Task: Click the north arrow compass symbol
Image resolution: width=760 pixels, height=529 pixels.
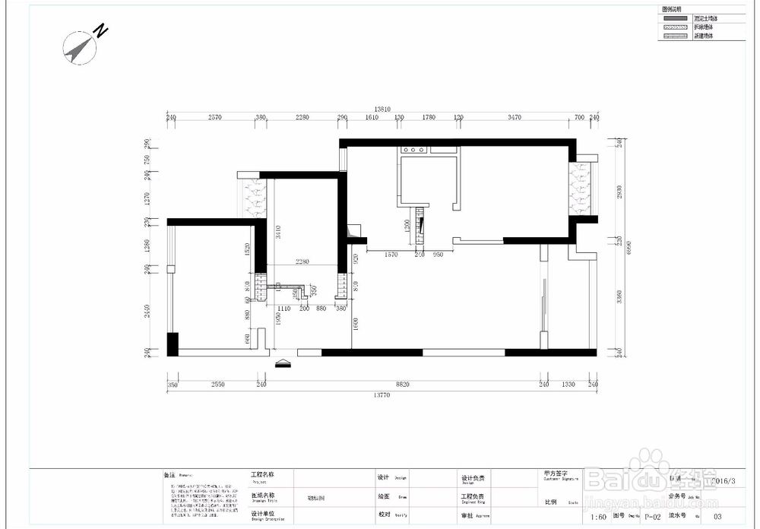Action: (79, 47)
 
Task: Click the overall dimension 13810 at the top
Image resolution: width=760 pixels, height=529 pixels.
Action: (382, 109)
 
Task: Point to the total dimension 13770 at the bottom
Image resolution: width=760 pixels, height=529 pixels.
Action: (382, 394)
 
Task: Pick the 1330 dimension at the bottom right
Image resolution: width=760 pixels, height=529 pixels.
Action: (568, 385)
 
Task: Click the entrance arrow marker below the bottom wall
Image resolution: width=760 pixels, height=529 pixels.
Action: (283, 363)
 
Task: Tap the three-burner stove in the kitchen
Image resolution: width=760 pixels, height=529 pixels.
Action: (413, 150)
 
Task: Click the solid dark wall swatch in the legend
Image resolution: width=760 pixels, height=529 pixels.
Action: (675, 17)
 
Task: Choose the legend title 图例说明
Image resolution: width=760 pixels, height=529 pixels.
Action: (672, 8)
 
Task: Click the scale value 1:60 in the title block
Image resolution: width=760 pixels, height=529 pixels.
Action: (599, 518)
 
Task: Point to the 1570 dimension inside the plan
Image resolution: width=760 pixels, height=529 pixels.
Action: (392, 255)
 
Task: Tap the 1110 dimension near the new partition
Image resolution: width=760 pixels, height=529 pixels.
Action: (283, 309)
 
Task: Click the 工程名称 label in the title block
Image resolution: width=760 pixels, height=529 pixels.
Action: (262, 474)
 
